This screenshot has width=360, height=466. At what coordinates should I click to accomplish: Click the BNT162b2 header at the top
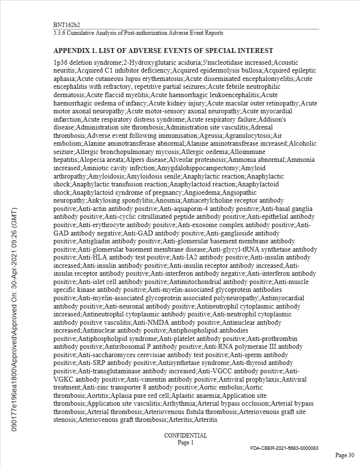click(67, 25)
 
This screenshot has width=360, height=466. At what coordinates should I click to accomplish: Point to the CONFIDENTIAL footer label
click(185, 436)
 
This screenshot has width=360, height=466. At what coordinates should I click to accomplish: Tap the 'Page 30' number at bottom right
click(345, 456)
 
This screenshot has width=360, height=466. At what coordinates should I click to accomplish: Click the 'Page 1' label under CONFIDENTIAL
click(185, 442)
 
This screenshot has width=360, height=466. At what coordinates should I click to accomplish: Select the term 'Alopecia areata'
click(98, 159)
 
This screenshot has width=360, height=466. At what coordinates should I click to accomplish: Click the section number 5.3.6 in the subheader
click(60, 33)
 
